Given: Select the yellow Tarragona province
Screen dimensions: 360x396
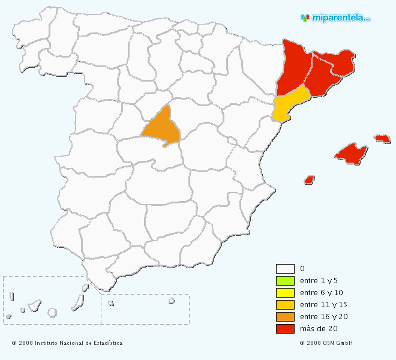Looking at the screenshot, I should (289, 104).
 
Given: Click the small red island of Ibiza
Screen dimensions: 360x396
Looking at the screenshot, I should (310, 179).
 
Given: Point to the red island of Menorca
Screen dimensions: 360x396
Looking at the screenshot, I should (382, 139).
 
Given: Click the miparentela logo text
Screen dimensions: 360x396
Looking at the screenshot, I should (339, 18).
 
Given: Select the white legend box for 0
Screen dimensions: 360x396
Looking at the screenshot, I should (285, 269).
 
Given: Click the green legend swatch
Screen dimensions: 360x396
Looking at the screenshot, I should (285, 281).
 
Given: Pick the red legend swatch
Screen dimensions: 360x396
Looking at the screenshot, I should (285, 329).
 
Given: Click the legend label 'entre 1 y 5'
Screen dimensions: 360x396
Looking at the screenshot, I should (320, 281).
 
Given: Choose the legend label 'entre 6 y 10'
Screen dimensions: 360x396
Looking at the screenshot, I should (322, 293).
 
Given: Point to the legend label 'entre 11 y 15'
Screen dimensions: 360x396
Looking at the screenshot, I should (323, 305).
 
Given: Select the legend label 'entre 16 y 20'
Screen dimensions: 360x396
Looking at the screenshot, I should (323, 317).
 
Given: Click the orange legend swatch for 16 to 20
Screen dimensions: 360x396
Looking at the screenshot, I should (285, 317).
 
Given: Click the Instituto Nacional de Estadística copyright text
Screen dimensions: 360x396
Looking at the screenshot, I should (67, 343).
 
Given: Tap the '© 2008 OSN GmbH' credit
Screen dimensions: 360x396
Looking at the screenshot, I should (326, 343).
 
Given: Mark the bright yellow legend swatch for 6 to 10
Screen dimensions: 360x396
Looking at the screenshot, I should (285, 293).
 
